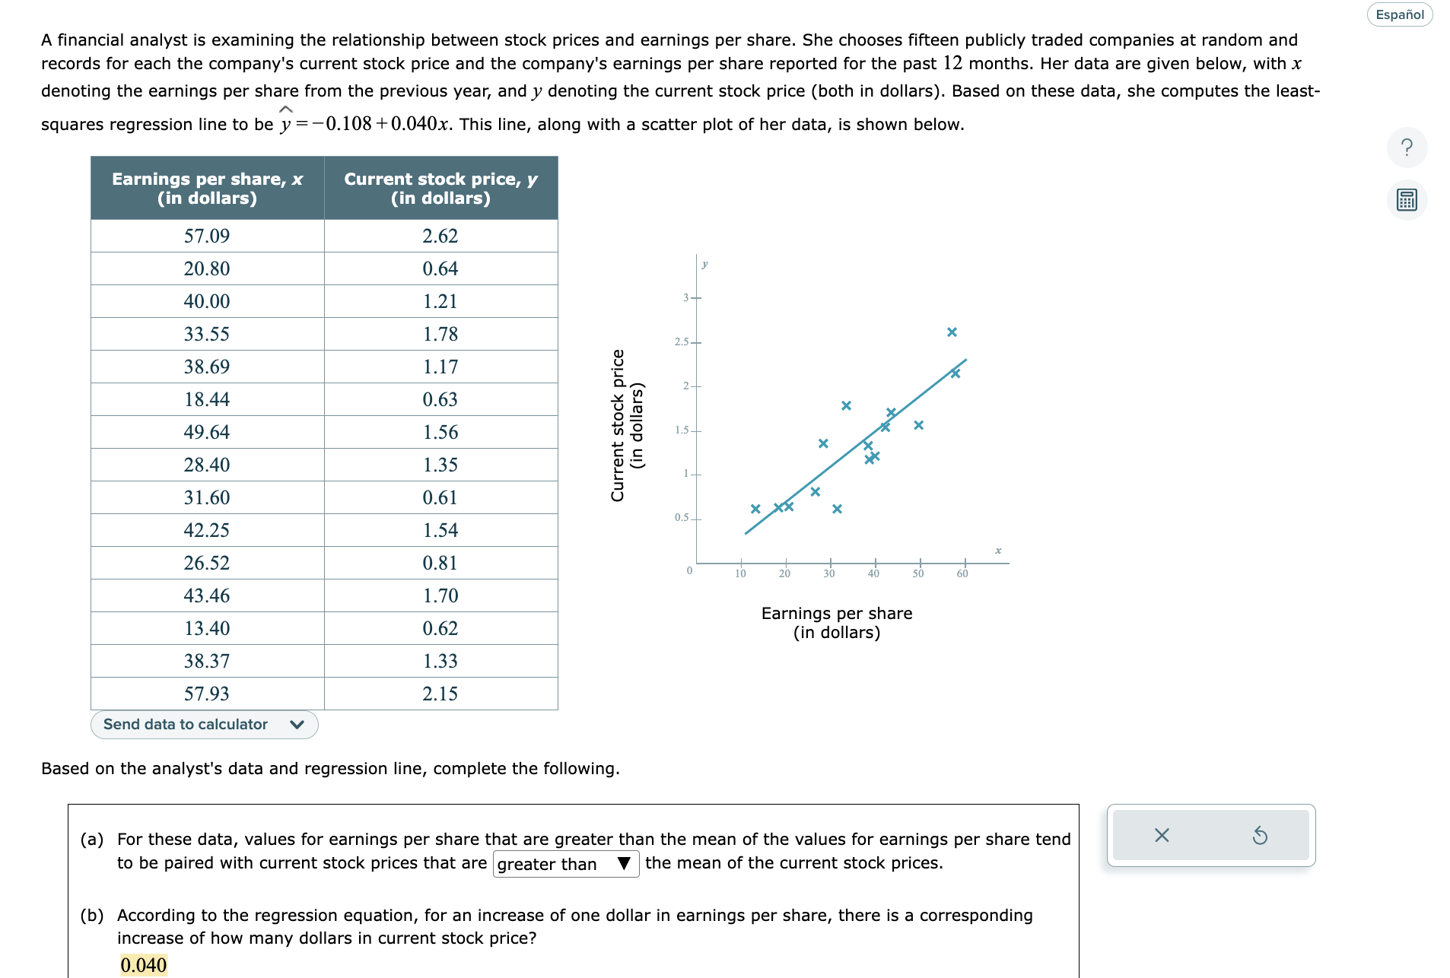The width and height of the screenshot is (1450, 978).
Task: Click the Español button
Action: (x=1399, y=14)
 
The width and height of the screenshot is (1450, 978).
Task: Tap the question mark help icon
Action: (x=1407, y=147)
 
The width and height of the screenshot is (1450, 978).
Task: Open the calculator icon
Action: (x=1407, y=200)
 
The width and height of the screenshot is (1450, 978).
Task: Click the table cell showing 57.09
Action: (x=207, y=236)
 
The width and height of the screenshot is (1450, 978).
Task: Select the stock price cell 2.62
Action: (x=440, y=236)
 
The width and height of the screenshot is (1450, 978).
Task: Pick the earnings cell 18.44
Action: (x=207, y=399)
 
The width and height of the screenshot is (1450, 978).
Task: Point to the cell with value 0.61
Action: (x=440, y=497)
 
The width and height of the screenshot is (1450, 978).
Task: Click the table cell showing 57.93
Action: (x=207, y=694)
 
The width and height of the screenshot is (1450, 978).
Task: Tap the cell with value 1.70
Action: (x=440, y=595)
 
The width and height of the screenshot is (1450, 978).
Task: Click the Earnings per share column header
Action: (x=207, y=188)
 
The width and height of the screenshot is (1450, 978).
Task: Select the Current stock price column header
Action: (x=440, y=188)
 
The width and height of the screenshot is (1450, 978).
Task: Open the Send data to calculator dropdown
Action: (x=204, y=724)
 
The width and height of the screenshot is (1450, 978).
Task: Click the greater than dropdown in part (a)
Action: (x=565, y=864)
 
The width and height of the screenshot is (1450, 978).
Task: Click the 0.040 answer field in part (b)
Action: (x=143, y=965)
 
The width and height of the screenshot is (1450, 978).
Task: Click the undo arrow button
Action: (x=1260, y=836)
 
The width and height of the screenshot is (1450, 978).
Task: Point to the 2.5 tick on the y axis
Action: (x=682, y=342)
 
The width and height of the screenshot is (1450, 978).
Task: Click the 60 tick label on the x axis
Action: (x=962, y=574)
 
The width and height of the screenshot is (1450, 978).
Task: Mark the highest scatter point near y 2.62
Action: (x=952, y=332)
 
